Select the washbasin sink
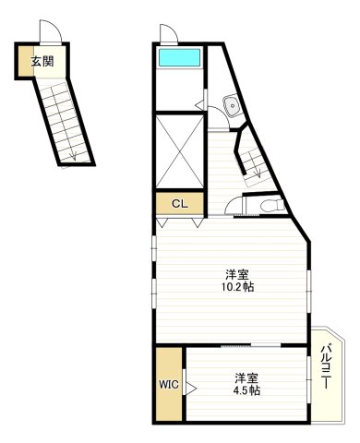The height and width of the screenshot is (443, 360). (231, 106)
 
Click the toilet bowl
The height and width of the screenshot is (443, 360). (269, 205)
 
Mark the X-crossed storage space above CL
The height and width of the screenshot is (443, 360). (179, 150)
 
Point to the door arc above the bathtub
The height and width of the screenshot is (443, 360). (168, 35)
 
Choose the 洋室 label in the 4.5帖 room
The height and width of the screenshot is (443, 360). (246, 377)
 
